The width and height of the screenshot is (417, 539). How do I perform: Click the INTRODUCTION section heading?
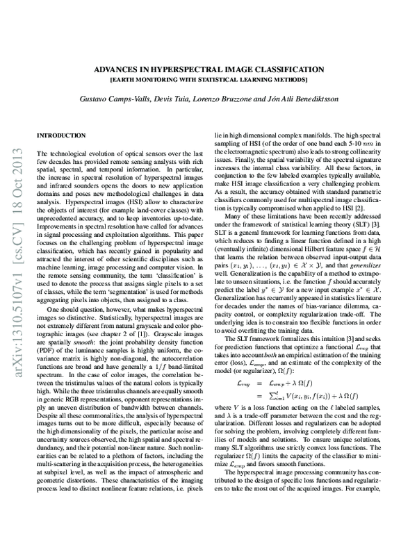click(60, 134)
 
